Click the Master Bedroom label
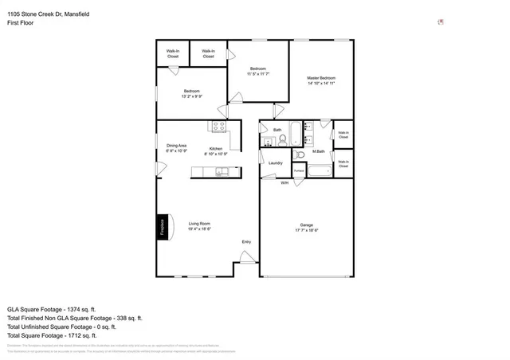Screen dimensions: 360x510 coord(321,78)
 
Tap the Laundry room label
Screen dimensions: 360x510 coord(276,163)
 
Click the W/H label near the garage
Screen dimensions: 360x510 coord(284,182)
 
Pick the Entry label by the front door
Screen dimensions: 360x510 coord(246,242)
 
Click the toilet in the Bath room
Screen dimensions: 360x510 coord(282,140)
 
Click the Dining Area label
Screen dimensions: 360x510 coord(176,145)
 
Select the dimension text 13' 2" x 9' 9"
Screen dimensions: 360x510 coord(192,96)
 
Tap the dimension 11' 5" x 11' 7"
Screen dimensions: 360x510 coord(258,74)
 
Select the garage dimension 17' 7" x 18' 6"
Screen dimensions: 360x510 coord(306,230)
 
